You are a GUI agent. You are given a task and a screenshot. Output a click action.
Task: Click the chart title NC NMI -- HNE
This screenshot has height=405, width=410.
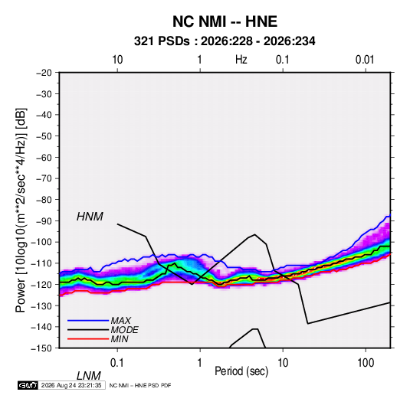[225, 21]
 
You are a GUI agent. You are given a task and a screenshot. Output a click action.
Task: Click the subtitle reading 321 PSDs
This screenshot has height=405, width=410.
[162, 41]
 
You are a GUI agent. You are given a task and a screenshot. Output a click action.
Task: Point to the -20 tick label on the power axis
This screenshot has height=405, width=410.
[44, 73]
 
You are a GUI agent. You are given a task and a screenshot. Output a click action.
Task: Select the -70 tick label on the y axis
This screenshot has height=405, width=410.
[44, 178]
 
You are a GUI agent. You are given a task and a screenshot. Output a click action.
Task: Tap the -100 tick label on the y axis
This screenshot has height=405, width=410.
[42, 242]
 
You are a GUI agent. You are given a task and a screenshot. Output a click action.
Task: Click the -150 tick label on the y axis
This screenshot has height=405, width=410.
[42, 348]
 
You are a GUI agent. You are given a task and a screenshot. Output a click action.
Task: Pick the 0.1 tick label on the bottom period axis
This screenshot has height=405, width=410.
[117, 363]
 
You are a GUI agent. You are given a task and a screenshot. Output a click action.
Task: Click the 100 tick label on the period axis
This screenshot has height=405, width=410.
[366, 363]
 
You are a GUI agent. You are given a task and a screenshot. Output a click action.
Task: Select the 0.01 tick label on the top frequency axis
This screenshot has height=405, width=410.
[365, 60]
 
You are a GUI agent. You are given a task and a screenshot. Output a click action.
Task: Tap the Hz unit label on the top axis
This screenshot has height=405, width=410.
[241, 60]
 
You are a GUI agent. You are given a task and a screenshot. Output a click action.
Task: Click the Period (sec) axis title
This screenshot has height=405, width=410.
[241, 371]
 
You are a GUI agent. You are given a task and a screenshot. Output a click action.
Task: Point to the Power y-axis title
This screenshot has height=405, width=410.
[21, 211]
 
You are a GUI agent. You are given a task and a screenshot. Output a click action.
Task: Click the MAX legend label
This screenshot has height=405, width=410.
[121, 321]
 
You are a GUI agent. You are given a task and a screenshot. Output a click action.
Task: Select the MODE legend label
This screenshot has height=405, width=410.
[124, 330]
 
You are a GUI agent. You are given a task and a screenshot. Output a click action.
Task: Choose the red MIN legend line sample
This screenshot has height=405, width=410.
[88, 339]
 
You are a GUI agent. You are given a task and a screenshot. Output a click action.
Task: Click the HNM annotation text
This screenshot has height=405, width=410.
[90, 217]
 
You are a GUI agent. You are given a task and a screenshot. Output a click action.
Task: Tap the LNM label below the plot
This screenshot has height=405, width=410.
[89, 376]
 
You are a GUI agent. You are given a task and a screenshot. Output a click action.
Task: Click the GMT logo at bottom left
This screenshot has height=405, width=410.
[28, 385]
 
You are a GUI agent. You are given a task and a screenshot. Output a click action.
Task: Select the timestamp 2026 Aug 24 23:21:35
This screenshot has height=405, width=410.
[71, 385]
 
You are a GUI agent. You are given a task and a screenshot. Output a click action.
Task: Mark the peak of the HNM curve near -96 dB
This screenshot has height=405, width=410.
[255, 234]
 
